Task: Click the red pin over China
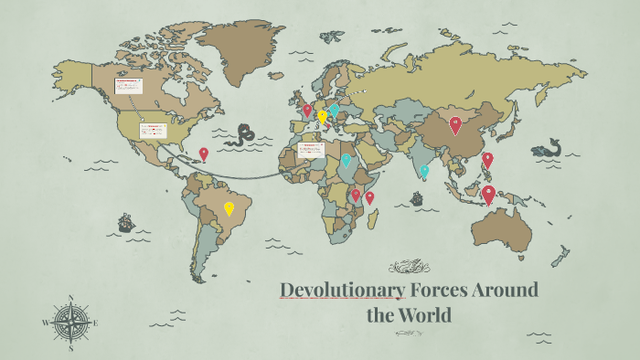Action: coord(455,124)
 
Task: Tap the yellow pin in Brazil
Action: coord(229,208)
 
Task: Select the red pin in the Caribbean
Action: coord(203,154)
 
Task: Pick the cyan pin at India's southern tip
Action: coord(424,171)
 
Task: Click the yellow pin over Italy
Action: coord(322,117)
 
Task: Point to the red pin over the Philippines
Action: coord(487,159)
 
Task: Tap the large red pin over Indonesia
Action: coord(488,194)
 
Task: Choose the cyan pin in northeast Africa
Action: coord(346,160)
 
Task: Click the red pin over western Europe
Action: coord(307,111)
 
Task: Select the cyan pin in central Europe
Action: coord(334,110)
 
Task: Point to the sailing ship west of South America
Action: coord(126,222)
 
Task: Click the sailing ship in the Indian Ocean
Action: coord(418,198)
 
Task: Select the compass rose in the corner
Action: coord(70,323)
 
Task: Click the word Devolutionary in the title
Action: coord(342,291)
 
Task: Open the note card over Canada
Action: coord(128,85)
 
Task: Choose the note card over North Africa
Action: coord(311,148)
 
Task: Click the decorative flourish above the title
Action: coord(409,267)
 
